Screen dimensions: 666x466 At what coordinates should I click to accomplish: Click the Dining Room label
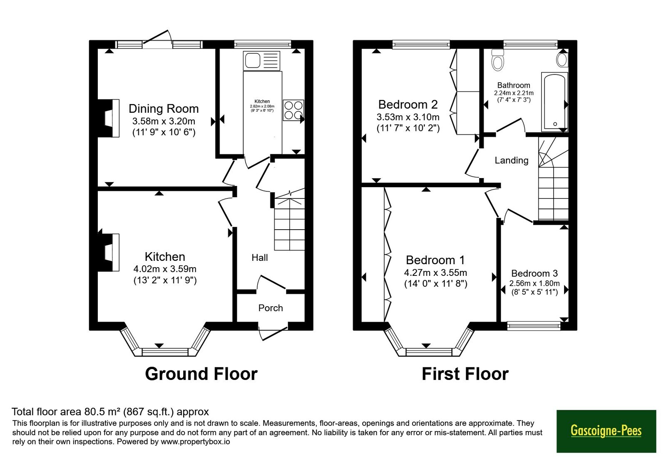point(164,109)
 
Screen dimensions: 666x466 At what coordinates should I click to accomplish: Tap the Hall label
point(260,258)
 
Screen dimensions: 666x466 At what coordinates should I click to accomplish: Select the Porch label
point(270,308)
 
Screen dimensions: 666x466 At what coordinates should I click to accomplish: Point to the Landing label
point(512,161)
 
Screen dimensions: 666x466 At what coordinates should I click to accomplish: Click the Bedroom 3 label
point(534,273)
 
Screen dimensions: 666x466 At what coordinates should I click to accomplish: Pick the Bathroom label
point(514,85)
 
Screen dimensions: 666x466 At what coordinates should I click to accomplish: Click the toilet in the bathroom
point(498,60)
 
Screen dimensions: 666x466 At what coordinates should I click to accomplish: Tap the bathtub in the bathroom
point(554,102)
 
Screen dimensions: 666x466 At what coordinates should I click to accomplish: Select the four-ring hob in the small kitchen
point(293,110)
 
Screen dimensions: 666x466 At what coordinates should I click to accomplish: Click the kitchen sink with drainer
point(261,61)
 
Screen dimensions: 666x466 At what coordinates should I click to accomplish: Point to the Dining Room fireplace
point(109,118)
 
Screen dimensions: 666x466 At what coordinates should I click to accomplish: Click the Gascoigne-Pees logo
point(606,431)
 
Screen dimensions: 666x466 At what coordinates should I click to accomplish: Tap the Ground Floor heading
point(201,374)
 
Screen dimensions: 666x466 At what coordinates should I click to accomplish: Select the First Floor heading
point(465,374)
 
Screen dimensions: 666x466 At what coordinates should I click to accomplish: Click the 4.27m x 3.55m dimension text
point(435,273)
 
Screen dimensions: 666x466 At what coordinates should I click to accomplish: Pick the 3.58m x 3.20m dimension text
point(164,121)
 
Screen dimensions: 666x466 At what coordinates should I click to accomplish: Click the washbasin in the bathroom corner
point(562,60)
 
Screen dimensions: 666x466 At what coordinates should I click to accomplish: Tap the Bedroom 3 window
point(534,326)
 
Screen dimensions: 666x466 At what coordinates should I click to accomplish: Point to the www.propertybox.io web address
point(195,441)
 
